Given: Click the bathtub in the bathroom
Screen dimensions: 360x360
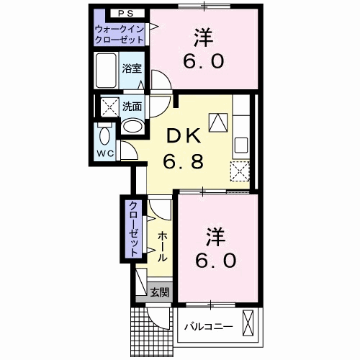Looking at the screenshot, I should click(107, 71).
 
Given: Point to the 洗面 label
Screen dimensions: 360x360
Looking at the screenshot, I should click(131, 105).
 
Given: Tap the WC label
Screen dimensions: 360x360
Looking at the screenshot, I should click(106, 153).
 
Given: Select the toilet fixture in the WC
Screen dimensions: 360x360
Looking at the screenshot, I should click(105, 135).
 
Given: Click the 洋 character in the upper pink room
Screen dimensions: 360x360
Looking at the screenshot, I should click(203, 33).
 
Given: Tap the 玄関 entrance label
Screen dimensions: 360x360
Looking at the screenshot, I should click(159, 292).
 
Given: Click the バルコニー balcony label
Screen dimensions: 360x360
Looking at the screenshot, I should click(207, 326).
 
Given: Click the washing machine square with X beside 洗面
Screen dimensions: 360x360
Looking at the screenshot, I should click(109, 107).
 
